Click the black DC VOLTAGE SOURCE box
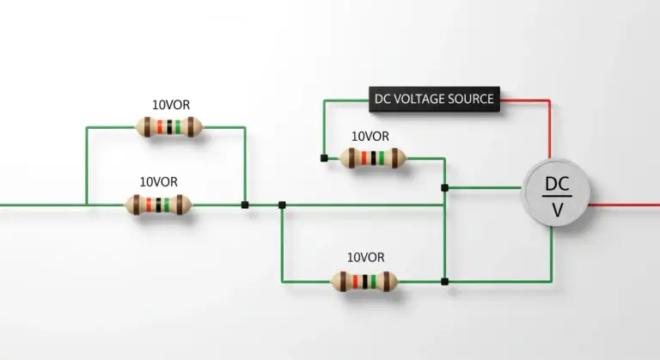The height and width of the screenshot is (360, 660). (434, 100)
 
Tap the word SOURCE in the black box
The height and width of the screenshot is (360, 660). (471, 99)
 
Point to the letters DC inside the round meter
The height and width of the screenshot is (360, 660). (557, 184)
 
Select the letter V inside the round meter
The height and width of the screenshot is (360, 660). (557, 210)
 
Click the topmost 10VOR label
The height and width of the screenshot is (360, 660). (171, 105)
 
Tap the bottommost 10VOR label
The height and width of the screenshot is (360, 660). (366, 257)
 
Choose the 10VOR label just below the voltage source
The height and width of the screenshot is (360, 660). (370, 137)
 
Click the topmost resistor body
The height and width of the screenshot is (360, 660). (168, 127)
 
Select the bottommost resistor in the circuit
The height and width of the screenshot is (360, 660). (364, 281)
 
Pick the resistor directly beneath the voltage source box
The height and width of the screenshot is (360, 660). (373, 158)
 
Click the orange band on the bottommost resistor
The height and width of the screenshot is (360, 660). (355, 281)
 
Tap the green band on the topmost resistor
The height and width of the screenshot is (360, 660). (178, 127)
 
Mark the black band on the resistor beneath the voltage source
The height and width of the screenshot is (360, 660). (373, 158)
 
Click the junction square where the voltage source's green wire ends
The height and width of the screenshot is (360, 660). (324, 158)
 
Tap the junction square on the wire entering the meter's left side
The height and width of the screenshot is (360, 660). (444, 188)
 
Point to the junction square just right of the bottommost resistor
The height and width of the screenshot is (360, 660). (444, 281)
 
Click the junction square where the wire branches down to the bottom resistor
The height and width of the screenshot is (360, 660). (282, 205)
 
